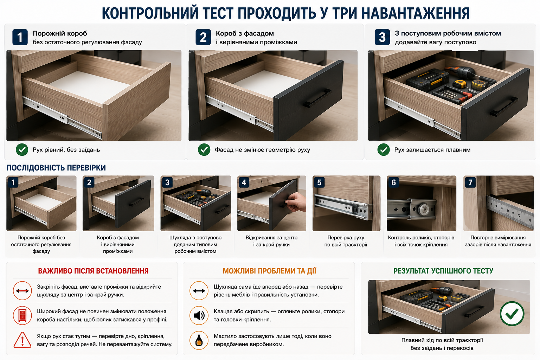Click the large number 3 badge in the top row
pos(382,37)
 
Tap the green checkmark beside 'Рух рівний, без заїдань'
pos(22,150)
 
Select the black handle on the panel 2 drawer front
pos(317,98)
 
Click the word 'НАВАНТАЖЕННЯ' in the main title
pos(415,13)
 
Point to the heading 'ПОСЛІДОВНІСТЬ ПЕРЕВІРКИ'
pos(56,168)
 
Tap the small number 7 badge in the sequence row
pos(470,182)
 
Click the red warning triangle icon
pos(22,340)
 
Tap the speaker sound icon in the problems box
pos(199,315)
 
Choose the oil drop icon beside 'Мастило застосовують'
pos(199,340)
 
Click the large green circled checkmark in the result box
pos(512,314)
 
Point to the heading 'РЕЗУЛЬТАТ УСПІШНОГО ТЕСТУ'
pos(443,271)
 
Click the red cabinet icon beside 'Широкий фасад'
pos(22,315)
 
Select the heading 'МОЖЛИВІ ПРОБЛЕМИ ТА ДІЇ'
pos(270,271)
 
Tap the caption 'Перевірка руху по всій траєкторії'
pos(346,241)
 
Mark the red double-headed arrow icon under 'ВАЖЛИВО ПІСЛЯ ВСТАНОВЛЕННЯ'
pos(22,290)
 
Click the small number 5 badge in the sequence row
pos(319,182)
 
